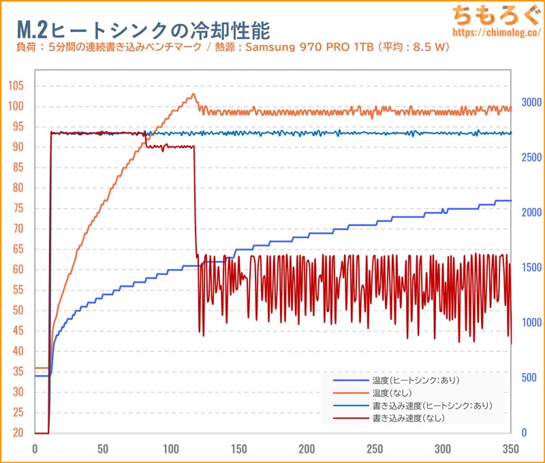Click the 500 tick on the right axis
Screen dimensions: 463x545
coord(529,377)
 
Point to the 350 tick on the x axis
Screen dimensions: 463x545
coord(511,449)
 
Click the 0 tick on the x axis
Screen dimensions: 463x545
coord(35,449)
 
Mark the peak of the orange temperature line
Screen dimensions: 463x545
coord(193,95)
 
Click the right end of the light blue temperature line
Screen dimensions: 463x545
coord(510,201)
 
